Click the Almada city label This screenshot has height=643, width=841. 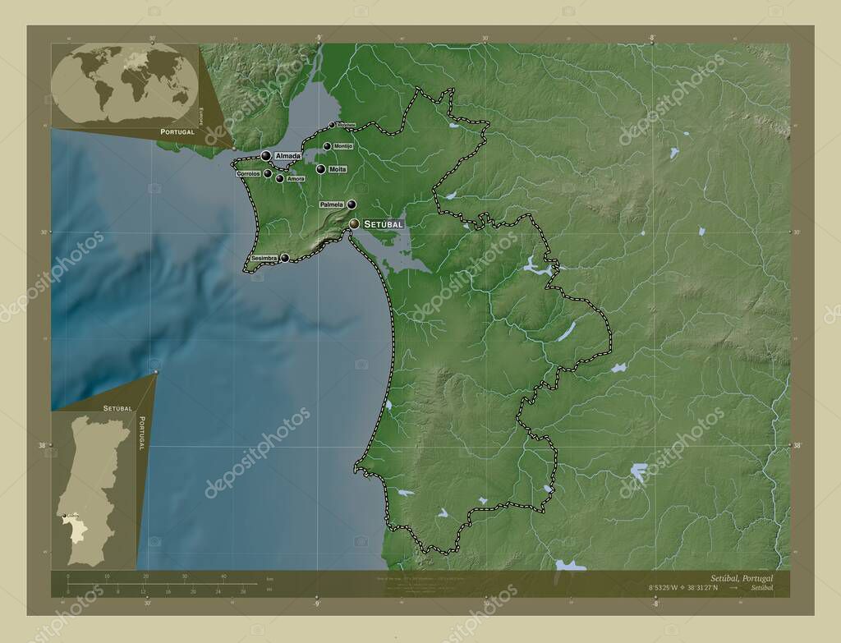(287, 155)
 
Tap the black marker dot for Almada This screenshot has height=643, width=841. (266, 155)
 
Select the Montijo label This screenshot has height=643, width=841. (343, 146)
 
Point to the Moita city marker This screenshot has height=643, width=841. (320, 169)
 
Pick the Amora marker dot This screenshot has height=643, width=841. (280, 178)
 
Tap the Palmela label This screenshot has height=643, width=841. (331, 204)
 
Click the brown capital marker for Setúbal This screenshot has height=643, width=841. (354, 223)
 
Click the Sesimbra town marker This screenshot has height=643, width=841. (285, 258)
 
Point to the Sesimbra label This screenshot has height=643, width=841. (264, 258)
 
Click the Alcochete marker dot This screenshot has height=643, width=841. (333, 125)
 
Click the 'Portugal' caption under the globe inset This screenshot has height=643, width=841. (177, 131)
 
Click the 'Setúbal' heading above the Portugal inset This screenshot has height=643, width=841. (118, 407)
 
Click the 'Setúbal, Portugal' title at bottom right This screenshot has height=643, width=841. (742, 578)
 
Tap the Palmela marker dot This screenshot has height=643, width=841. (352, 204)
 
